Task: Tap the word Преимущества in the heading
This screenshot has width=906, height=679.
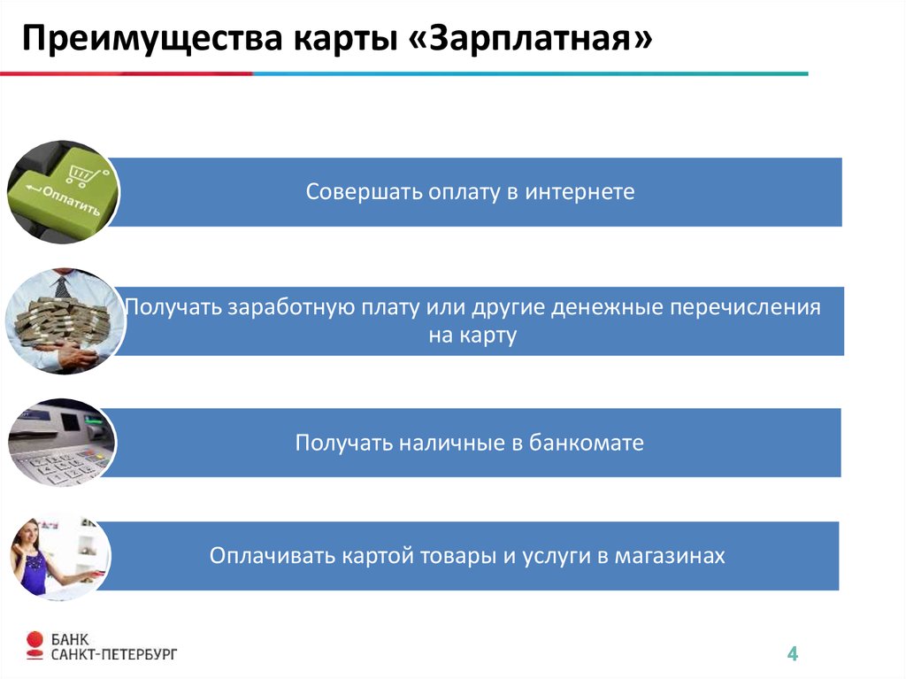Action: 152,39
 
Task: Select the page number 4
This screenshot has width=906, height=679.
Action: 792,653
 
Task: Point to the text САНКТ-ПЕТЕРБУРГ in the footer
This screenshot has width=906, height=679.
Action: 114,655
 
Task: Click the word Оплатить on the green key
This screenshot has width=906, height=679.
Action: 71,199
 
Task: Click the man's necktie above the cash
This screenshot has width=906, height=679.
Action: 62,286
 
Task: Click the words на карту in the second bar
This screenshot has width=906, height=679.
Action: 472,336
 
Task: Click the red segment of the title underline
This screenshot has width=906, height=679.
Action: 126,73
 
